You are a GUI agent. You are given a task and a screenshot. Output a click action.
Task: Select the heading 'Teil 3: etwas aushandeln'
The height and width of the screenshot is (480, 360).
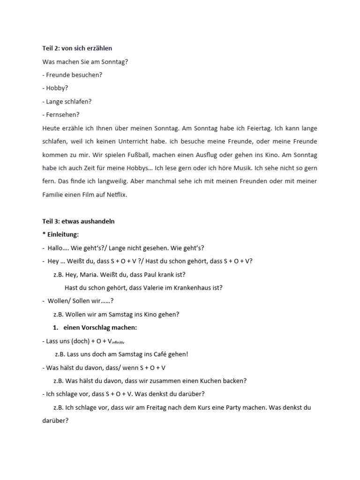(78, 221)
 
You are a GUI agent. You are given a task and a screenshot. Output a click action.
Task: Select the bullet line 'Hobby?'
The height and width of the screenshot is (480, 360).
(55, 88)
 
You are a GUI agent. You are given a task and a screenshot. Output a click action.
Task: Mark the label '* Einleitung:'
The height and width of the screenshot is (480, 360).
(60, 234)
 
